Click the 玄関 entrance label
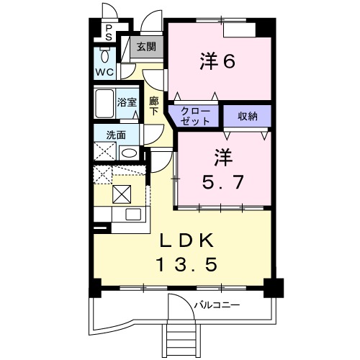click(x=146, y=47)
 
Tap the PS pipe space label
click(x=109, y=33)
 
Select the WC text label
click(x=104, y=72)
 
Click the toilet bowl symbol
click(x=104, y=55)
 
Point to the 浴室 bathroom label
click(x=127, y=102)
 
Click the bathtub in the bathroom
click(x=104, y=104)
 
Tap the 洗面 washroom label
click(x=116, y=135)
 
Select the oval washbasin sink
click(x=129, y=153)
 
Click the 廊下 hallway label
click(x=154, y=107)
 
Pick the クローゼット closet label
click(x=195, y=117)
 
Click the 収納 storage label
click(x=248, y=117)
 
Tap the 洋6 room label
click(x=217, y=61)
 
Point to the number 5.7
click(x=223, y=182)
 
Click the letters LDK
click(x=187, y=240)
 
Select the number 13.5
click(x=187, y=264)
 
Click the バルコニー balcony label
click(x=217, y=305)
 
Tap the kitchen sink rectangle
click(x=133, y=214)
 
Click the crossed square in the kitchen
click(x=122, y=194)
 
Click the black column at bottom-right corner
click(x=274, y=288)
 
